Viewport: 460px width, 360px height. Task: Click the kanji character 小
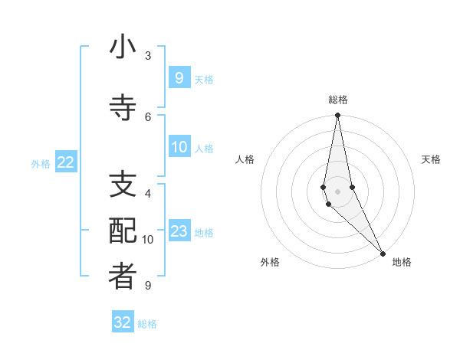point(123,48)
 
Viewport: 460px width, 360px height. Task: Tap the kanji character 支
point(123,186)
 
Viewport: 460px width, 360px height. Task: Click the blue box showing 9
point(179,77)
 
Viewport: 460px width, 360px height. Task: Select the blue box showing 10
point(179,147)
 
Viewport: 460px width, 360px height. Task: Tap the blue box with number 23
point(179,231)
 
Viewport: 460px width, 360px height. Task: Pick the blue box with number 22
point(66,162)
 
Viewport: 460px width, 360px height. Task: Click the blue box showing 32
point(123,322)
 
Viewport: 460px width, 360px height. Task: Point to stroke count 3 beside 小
point(148,56)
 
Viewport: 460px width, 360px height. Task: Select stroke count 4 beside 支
point(148,195)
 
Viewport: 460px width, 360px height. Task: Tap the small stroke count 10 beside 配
point(148,240)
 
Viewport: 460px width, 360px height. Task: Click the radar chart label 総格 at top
point(338,100)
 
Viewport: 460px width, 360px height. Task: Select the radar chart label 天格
point(431,159)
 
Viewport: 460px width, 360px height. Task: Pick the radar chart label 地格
point(402,262)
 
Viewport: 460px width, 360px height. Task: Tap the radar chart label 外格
point(270,262)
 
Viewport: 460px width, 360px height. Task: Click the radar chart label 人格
point(245,159)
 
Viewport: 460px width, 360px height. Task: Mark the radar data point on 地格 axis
point(383,253)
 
